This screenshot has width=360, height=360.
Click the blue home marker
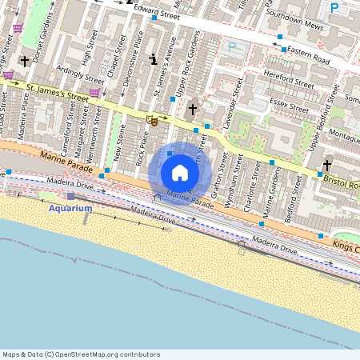(180, 173)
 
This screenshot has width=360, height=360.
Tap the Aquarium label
(70, 208)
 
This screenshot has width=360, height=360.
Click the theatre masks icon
(152, 121)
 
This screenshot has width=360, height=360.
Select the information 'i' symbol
(154, 58)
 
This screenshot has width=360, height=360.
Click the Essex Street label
(289, 105)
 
